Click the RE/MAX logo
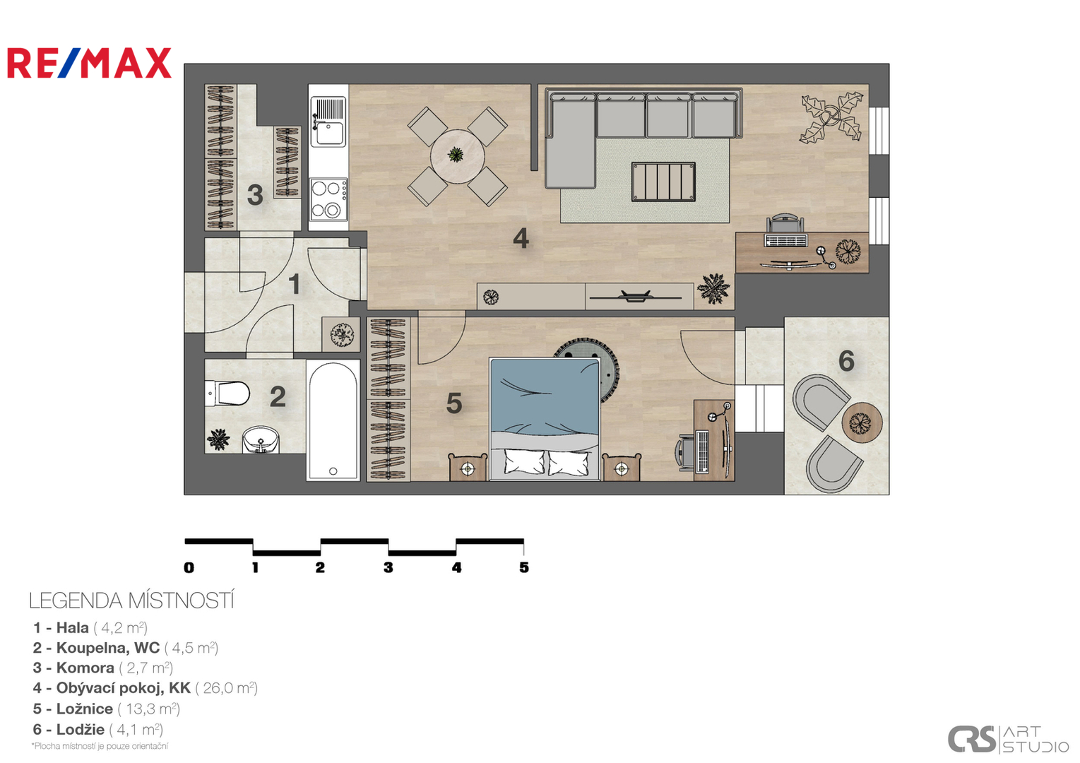point(89,63)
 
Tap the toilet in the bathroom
point(227,393)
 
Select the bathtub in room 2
point(333,420)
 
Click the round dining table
point(457,156)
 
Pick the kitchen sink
point(328,122)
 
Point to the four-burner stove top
point(328,199)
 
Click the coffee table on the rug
point(663,182)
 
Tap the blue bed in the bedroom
point(545,419)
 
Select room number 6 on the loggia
point(846,361)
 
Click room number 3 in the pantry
point(255,195)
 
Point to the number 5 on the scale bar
point(524,568)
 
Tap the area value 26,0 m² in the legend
point(227,688)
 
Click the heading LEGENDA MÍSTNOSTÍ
point(131,601)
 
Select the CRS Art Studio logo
point(1008,738)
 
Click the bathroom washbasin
point(261,440)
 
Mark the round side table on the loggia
point(862,422)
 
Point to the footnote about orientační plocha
point(100,746)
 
